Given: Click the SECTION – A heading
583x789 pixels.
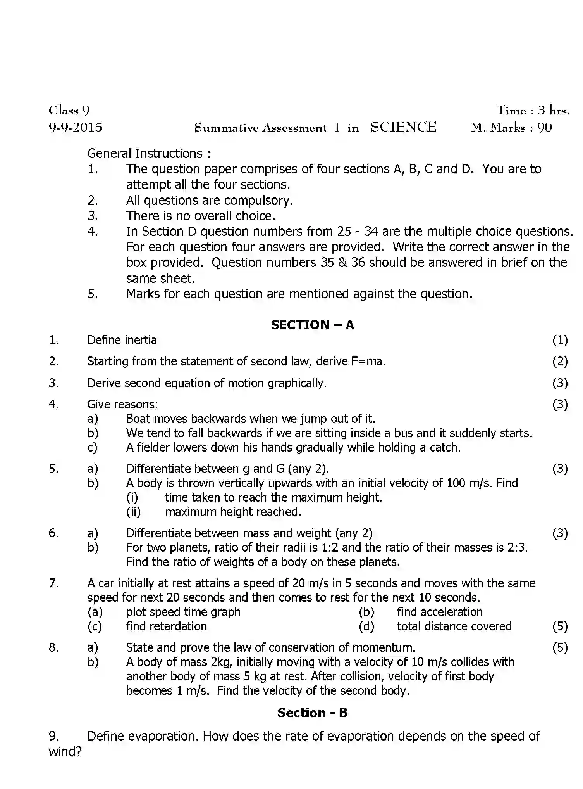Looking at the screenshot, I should pos(312,325).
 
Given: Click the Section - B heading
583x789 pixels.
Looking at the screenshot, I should pos(312,713).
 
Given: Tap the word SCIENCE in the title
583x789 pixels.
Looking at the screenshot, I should pos(403,127).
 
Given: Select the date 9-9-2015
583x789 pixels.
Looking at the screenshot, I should pos(76,127).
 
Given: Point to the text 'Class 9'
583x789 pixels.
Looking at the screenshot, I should pos(69,111).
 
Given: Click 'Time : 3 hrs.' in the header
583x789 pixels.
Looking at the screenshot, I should pos(533,111).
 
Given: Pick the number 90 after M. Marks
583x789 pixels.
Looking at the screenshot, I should pos(544,127).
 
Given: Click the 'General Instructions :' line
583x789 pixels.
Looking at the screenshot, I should pos(149,153).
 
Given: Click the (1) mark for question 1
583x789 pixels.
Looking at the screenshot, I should pos(560,340).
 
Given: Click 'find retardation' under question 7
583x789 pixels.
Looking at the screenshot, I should pos(166,626).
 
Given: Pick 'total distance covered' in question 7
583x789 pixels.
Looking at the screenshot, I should pos(454,626).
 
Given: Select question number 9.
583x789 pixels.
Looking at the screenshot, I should pos(53,736).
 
